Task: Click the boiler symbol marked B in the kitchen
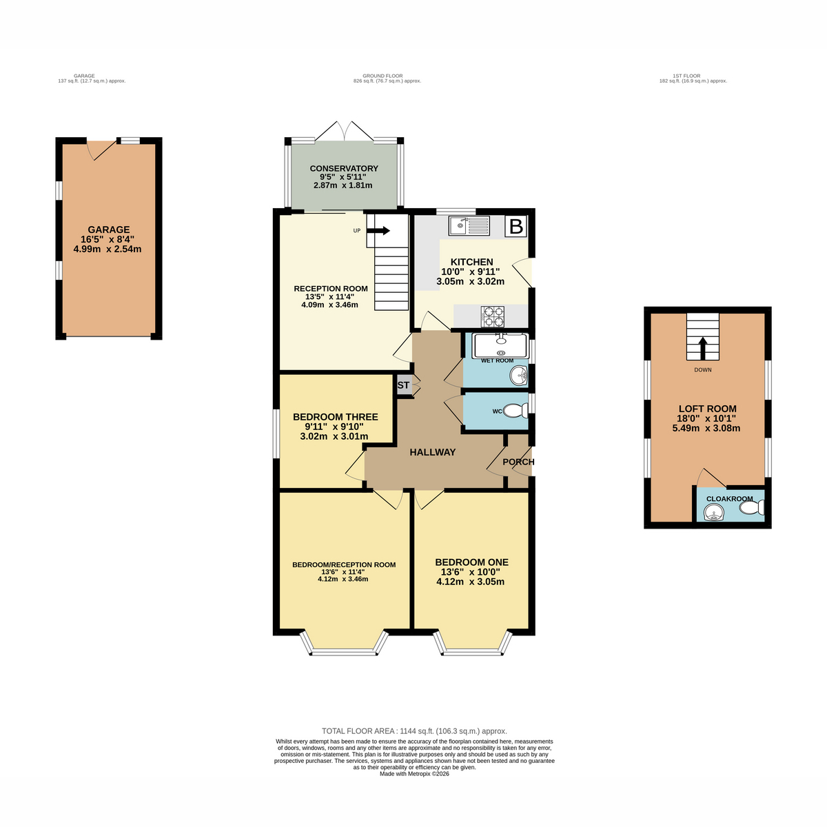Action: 515,226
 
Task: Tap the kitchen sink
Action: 469,226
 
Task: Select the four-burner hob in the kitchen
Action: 493,316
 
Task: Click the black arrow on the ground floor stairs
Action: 378,231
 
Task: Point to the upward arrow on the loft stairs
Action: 702,348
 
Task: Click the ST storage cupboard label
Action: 403,385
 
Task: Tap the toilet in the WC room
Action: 515,411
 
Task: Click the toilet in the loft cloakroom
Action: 751,508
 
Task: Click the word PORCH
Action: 518,462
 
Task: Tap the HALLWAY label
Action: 433,452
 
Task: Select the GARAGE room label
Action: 109,229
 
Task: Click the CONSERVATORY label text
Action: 344,169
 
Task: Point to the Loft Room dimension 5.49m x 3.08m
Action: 706,428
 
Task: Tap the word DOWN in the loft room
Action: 702,369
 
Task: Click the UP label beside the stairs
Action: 356,230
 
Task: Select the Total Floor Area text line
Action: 415,731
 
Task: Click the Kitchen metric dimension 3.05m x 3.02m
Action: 470,282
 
